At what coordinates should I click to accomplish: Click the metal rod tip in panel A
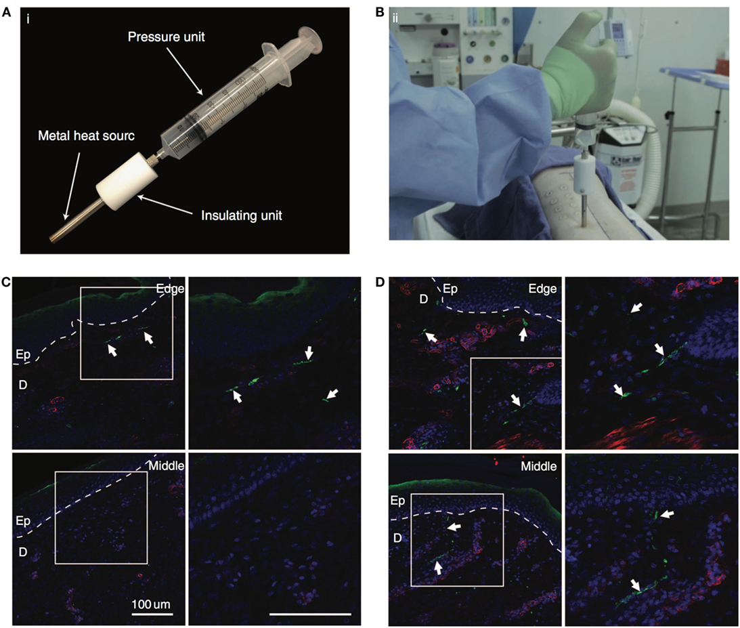(x=55, y=238)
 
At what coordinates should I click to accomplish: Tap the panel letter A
(x=7, y=9)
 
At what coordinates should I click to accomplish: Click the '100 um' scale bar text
(x=152, y=603)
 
